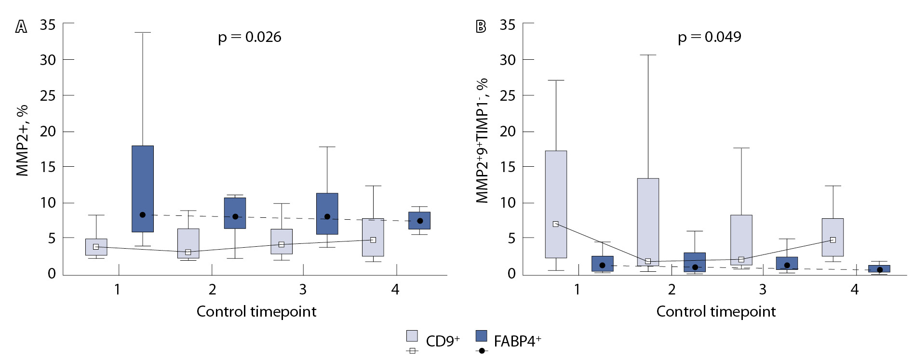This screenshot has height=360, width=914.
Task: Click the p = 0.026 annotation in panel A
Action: tap(249, 37)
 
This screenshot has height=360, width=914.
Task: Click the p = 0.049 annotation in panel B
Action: tap(709, 37)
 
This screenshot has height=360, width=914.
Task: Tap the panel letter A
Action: tap(21, 27)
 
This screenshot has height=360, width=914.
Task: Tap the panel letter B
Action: tap(481, 27)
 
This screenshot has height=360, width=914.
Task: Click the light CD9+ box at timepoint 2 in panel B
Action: tap(648, 222)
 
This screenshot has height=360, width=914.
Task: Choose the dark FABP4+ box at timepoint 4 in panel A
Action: tap(419, 221)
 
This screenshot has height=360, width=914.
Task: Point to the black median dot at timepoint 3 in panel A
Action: tap(327, 217)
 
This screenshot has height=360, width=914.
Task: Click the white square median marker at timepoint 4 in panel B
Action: tap(833, 240)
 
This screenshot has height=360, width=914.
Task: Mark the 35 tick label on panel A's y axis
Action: tap(48, 25)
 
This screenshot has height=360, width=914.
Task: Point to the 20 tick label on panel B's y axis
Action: tap(508, 131)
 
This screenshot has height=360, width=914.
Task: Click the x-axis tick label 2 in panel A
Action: tap(212, 290)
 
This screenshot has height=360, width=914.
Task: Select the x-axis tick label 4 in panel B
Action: tap(855, 290)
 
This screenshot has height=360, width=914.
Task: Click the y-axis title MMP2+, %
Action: tap(22, 141)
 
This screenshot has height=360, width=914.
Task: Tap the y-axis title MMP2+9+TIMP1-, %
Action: tap(483, 141)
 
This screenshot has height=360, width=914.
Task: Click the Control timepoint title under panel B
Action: tap(716, 312)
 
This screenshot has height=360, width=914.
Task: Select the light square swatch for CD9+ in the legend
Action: tap(412, 335)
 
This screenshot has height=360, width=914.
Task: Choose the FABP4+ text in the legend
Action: tap(517, 341)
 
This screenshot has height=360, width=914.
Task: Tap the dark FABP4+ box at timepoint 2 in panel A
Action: tap(235, 213)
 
